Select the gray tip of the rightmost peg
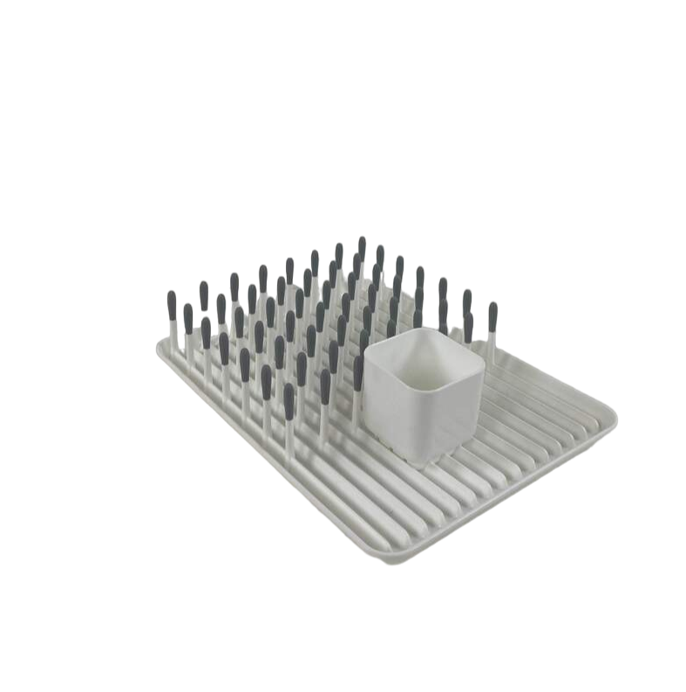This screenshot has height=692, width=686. pos(492,314)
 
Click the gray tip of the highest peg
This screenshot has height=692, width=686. pos(362,245)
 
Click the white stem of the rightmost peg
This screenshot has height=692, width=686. pos(492,345)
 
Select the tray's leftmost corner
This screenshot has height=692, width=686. pos(160,346)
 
